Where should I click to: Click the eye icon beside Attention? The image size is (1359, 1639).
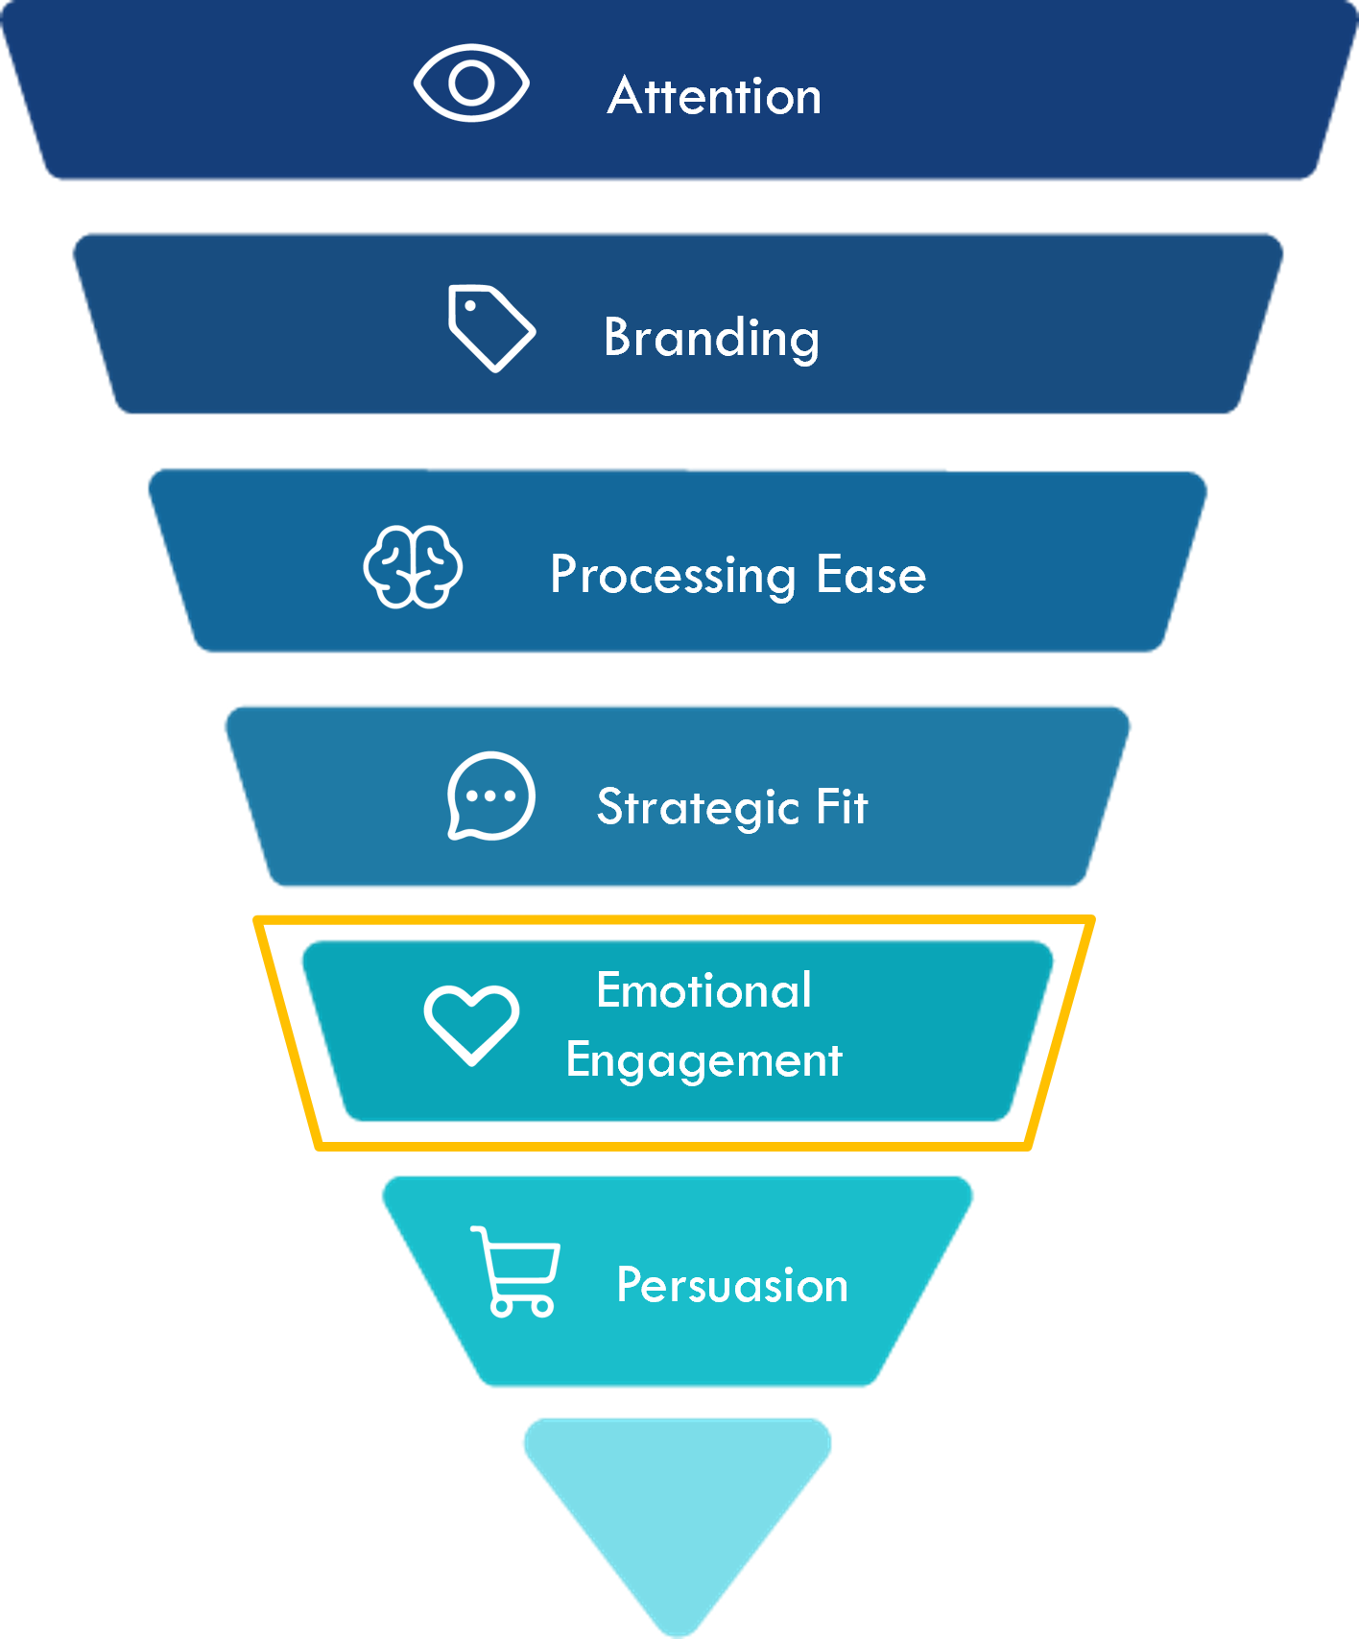471,83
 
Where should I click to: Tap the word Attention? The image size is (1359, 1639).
714,96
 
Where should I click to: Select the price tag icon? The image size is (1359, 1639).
490,328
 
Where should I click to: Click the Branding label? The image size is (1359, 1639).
711,338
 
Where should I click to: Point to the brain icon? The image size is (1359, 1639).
413,567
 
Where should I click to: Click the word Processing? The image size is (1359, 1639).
673,576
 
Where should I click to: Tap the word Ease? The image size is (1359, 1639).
870,575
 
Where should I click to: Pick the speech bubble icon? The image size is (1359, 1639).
490,796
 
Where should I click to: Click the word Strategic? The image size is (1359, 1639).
698,807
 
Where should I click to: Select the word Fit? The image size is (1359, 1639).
842,806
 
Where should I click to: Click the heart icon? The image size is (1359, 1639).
471,1023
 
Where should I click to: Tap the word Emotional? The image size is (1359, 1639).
703,990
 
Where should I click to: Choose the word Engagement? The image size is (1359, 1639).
703,1061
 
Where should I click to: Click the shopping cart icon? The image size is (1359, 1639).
516,1271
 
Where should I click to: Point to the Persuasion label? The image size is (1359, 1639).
732,1285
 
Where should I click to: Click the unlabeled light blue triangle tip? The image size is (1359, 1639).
678,1507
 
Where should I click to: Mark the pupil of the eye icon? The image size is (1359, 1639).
471,83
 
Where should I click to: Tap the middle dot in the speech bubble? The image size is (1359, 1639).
490,796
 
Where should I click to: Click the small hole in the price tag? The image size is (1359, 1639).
470,306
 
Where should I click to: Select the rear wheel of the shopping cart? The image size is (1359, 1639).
502,1306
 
